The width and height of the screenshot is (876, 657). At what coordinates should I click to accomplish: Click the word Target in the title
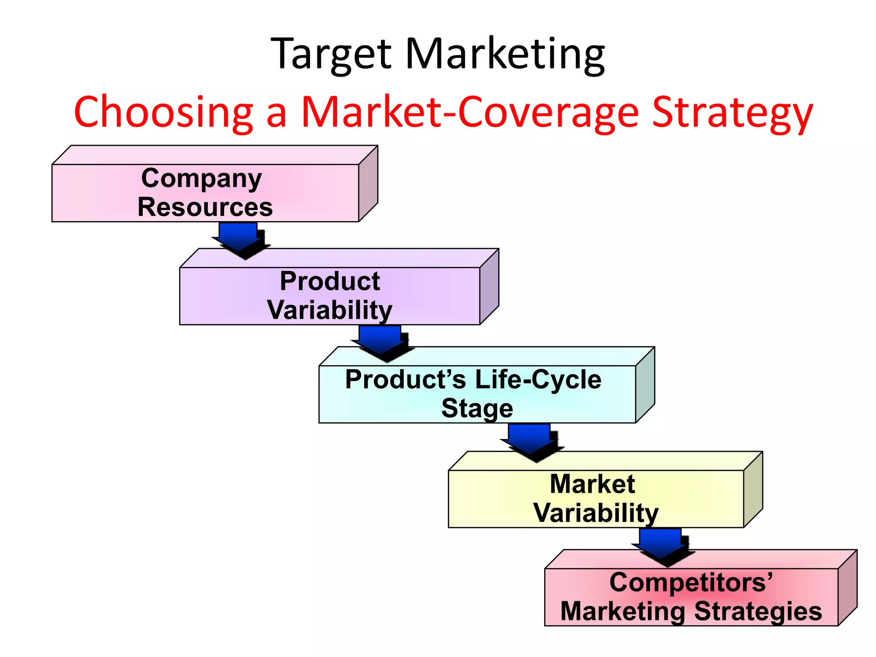tap(331, 54)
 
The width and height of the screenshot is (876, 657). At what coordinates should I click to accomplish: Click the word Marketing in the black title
tap(505, 54)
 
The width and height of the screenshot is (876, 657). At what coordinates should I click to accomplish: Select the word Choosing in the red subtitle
tap(164, 112)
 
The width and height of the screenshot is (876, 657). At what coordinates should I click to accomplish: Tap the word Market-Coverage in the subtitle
tap(470, 112)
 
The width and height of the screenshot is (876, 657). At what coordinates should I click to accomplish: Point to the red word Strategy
tap(732, 112)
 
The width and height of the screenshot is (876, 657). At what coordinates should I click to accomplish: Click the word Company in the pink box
tap(201, 178)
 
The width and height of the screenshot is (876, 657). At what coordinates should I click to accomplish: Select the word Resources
tap(205, 207)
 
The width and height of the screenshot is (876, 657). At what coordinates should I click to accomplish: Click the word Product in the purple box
tap(330, 281)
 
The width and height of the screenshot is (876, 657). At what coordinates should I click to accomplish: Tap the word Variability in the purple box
tap(330, 310)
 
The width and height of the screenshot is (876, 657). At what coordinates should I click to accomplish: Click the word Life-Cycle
tap(538, 380)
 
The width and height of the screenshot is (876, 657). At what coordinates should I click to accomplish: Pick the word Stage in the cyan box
tap(477, 408)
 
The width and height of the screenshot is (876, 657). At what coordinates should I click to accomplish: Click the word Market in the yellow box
tap(592, 484)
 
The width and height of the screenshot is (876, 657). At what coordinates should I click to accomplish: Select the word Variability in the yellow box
tap(596, 513)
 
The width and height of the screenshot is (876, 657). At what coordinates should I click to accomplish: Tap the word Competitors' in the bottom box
tap(691, 583)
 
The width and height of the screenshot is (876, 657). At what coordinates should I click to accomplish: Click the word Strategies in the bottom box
tap(758, 611)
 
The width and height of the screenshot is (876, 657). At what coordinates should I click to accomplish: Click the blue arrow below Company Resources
tap(240, 237)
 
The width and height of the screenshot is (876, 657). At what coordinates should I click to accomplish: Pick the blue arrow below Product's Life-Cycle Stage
tap(530, 441)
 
